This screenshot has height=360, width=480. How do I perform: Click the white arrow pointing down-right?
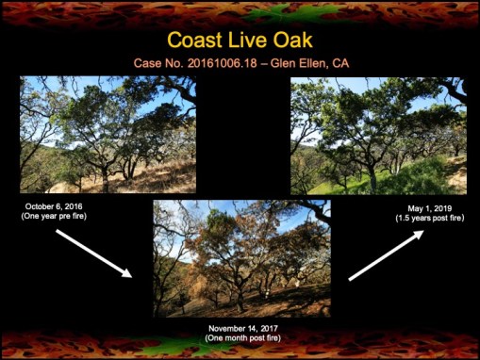pyautogui.click(x=94, y=252)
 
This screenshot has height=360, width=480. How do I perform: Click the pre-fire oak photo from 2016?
pyautogui.click(x=108, y=134)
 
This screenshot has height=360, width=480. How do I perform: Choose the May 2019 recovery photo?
pyautogui.click(x=377, y=134)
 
